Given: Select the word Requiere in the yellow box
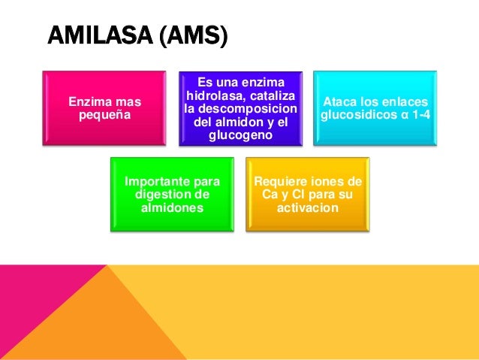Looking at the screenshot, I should point(282,181).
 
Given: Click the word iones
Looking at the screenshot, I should point(334,181).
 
